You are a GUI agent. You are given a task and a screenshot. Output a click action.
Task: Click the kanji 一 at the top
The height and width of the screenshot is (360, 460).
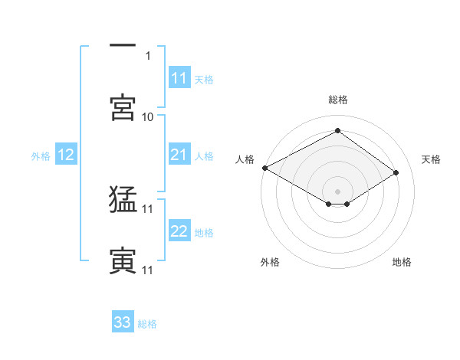123,46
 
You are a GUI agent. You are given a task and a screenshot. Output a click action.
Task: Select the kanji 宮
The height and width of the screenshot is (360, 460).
123,106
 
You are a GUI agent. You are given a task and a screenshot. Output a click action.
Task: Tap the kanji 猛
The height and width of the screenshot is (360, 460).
123,199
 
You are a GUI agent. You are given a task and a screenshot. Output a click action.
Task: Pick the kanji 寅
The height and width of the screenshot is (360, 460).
123,260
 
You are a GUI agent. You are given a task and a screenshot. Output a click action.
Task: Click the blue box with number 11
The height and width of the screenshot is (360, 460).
179,78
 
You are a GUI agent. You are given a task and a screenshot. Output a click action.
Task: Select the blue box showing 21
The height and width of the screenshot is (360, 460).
179,155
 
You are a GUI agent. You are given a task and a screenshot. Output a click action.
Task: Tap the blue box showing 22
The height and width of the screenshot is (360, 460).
179,232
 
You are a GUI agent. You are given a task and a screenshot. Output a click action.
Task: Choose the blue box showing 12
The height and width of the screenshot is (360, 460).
65,155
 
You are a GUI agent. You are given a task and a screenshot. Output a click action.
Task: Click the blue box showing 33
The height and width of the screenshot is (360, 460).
123,322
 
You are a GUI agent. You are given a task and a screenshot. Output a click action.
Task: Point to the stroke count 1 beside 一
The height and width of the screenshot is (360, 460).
149,55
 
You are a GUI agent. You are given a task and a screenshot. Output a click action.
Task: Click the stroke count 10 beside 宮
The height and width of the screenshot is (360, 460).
148,116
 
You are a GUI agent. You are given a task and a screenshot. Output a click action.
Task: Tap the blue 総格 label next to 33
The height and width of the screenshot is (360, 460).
147,324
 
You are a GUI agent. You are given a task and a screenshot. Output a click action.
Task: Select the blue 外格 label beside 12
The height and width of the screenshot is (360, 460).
41,156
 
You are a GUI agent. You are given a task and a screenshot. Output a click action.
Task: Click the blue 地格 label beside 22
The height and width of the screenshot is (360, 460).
204,233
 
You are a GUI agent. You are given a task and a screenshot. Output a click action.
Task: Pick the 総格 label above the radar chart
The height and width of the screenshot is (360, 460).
337,100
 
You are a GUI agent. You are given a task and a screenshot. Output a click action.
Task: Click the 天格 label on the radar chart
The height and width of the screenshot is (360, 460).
431,159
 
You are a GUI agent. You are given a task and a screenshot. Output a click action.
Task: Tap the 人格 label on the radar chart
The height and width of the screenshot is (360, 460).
245,159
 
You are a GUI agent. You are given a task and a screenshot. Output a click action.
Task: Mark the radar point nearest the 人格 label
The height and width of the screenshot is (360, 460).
264,168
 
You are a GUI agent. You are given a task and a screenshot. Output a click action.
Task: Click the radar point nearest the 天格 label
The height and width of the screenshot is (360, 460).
396,173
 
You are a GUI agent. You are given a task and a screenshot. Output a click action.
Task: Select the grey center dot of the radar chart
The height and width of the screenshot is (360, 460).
337,191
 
